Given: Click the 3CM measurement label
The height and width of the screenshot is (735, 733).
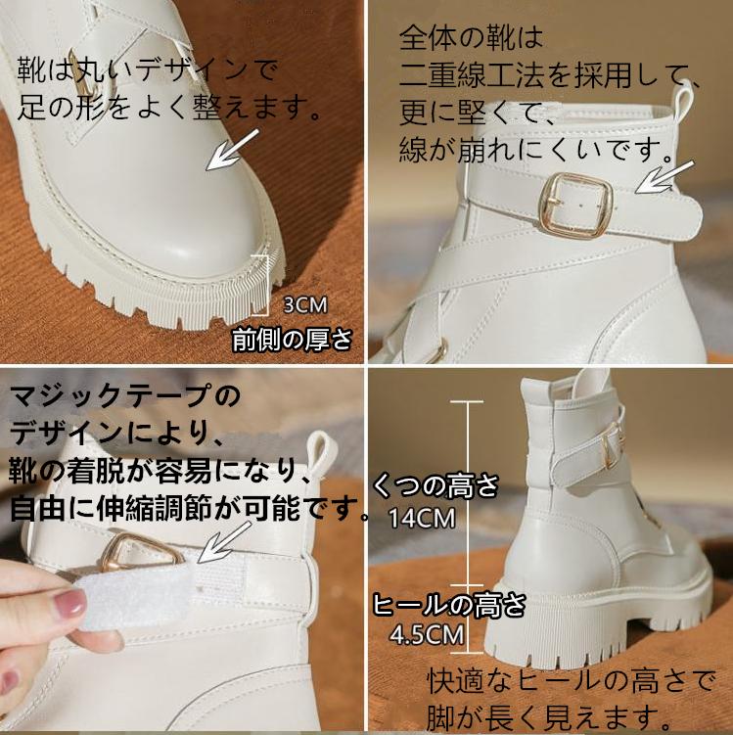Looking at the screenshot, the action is [x=305, y=305].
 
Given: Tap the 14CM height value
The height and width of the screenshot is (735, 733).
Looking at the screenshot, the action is [x=422, y=519].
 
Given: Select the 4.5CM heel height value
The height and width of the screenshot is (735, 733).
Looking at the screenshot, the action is [x=427, y=635].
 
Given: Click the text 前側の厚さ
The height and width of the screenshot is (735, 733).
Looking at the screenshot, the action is [x=292, y=339].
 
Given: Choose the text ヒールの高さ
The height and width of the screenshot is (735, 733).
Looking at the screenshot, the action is [x=448, y=604].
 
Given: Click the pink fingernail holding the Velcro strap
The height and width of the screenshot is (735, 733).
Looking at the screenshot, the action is [x=69, y=605].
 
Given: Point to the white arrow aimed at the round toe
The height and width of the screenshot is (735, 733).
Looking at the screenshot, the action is [x=232, y=151].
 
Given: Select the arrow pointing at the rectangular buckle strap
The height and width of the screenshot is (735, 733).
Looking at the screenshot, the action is [x=664, y=178].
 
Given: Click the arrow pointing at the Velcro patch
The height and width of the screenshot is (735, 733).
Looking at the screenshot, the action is [x=224, y=542].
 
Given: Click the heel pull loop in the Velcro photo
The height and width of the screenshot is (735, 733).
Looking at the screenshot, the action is [x=323, y=457].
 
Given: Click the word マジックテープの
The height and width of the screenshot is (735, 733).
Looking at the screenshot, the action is [x=124, y=394].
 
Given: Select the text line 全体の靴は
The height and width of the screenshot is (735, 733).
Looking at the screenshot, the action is [x=471, y=37].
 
